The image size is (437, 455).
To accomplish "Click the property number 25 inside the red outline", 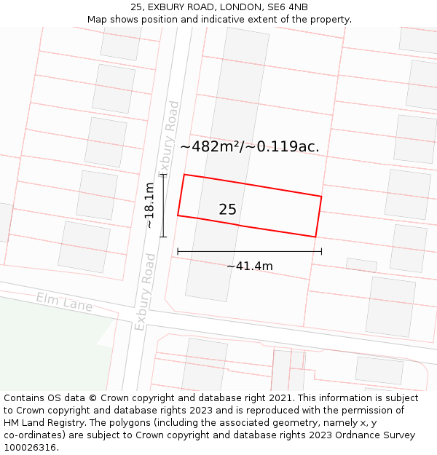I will (x=227, y=210).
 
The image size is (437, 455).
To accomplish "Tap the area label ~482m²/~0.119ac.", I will (x=250, y=146).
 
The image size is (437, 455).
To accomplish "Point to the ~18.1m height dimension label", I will (x=149, y=205).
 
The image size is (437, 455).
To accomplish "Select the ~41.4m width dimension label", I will (x=249, y=266).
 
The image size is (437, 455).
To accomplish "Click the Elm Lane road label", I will (x=64, y=301).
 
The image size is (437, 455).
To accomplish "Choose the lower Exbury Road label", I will (x=145, y=292).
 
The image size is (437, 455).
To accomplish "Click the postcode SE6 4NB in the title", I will (x=288, y=7).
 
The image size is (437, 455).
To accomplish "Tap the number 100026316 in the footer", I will (x=31, y=448).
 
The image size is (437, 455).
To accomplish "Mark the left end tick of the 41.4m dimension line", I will (x=178, y=252).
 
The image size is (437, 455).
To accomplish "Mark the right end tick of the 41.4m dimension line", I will (x=321, y=252).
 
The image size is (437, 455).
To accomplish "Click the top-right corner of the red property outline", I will (x=321, y=196).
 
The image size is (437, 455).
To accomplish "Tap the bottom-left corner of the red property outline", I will (x=178, y=215).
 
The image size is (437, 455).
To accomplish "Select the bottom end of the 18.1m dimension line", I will (x=163, y=237).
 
